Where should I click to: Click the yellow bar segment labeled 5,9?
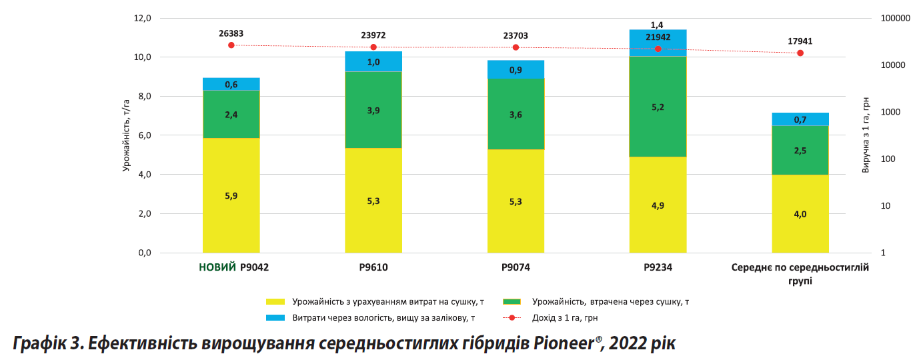(x=231, y=195)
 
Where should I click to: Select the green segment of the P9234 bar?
(x=658, y=107)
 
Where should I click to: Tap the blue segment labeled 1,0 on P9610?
(x=373, y=61)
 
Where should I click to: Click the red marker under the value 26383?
(x=231, y=45)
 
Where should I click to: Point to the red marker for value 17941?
(x=800, y=53)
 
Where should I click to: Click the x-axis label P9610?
(x=373, y=268)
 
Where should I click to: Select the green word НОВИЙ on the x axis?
(x=217, y=268)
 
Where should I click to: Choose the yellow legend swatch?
(x=275, y=301)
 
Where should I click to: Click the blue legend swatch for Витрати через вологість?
(x=275, y=318)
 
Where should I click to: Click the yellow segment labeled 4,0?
(x=800, y=213)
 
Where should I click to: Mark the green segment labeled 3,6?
(x=516, y=115)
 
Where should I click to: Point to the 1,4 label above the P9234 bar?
(x=658, y=25)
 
